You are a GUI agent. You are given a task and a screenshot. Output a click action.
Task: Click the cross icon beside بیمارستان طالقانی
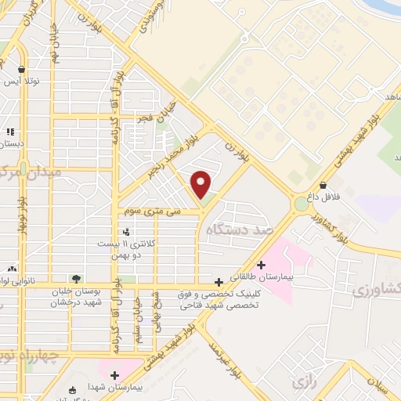tap(261, 264)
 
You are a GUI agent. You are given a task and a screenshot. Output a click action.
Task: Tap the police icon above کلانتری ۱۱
tap(127, 231)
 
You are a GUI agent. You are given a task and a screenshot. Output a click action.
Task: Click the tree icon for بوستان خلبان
tap(76, 278)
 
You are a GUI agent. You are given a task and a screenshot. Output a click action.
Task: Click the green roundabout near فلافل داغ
tap(301, 204)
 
